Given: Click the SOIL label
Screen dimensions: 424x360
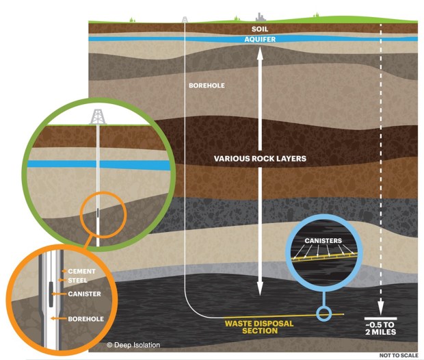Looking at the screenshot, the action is tap(260, 29).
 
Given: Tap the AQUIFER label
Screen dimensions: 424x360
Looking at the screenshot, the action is tap(260, 39).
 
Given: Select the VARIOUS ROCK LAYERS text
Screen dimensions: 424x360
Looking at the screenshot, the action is tap(260, 158).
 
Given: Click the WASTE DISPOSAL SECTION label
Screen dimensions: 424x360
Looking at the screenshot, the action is tap(259, 327).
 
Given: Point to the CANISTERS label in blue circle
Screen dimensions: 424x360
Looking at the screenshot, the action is tap(323, 241).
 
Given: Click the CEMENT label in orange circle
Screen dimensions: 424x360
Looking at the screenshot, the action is tap(81, 271).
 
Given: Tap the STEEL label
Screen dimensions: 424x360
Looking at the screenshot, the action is tap(77, 281).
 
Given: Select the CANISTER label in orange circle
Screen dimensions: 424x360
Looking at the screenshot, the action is tap(84, 294).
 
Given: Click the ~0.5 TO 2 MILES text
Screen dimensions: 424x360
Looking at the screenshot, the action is tap(380, 328).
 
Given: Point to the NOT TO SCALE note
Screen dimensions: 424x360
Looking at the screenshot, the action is tap(399, 355).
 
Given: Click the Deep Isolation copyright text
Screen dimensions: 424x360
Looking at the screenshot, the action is tap(133, 345).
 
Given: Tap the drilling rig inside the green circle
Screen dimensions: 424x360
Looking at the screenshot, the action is tap(98, 116).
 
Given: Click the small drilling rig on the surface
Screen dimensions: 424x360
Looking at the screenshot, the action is tap(185, 19).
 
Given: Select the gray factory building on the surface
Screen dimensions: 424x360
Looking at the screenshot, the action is tap(261, 17).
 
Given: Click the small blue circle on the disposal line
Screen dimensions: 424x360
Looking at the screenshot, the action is tap(324, 314).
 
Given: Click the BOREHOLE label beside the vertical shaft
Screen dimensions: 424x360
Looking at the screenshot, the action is tap(207, 86).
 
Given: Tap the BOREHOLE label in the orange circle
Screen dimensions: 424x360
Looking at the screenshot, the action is tap(85, 319).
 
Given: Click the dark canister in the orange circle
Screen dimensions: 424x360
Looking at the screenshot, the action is tap(51, 294).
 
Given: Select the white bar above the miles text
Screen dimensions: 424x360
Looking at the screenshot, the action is tap(380, 318).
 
